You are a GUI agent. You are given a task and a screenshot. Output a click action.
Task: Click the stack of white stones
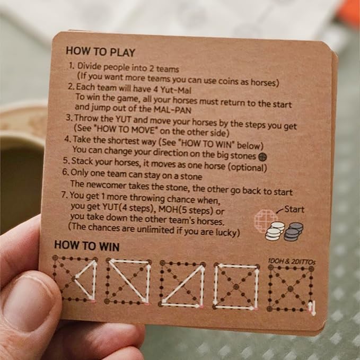point(274,232)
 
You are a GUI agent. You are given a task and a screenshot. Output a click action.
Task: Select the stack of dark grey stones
point(293,232)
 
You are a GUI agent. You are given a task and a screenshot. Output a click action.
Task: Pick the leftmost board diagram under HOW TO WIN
point(76,280)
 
